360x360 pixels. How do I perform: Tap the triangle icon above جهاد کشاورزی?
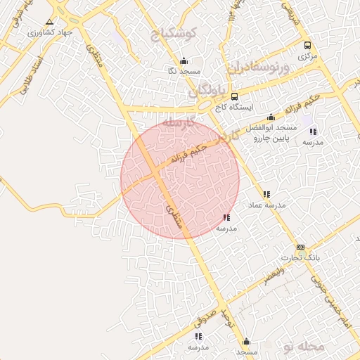click(x=49, y=22)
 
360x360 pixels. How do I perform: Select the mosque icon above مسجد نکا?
click(x=184, y=60)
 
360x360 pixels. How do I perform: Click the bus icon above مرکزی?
click(x=307, y=45)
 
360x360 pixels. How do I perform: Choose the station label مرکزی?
click(x=307, y=55)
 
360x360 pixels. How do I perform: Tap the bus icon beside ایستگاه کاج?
click(x=234, y=96)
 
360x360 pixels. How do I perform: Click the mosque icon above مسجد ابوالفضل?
click(x=271, y=117)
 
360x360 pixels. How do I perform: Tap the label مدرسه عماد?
click(x=266, y=205)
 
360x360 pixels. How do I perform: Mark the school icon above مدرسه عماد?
click(x=266, y=194)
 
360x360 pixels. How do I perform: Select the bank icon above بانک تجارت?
click(x=301, y=247)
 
